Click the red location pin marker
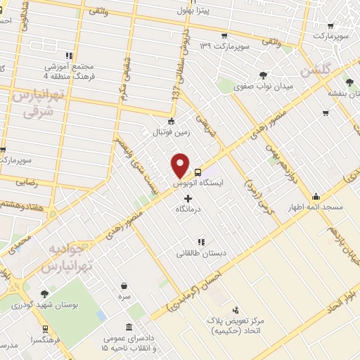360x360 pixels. point(181,165)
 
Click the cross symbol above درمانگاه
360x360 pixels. point(188,199)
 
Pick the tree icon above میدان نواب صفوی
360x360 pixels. point(263,75)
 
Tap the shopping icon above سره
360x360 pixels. point(125,285)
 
